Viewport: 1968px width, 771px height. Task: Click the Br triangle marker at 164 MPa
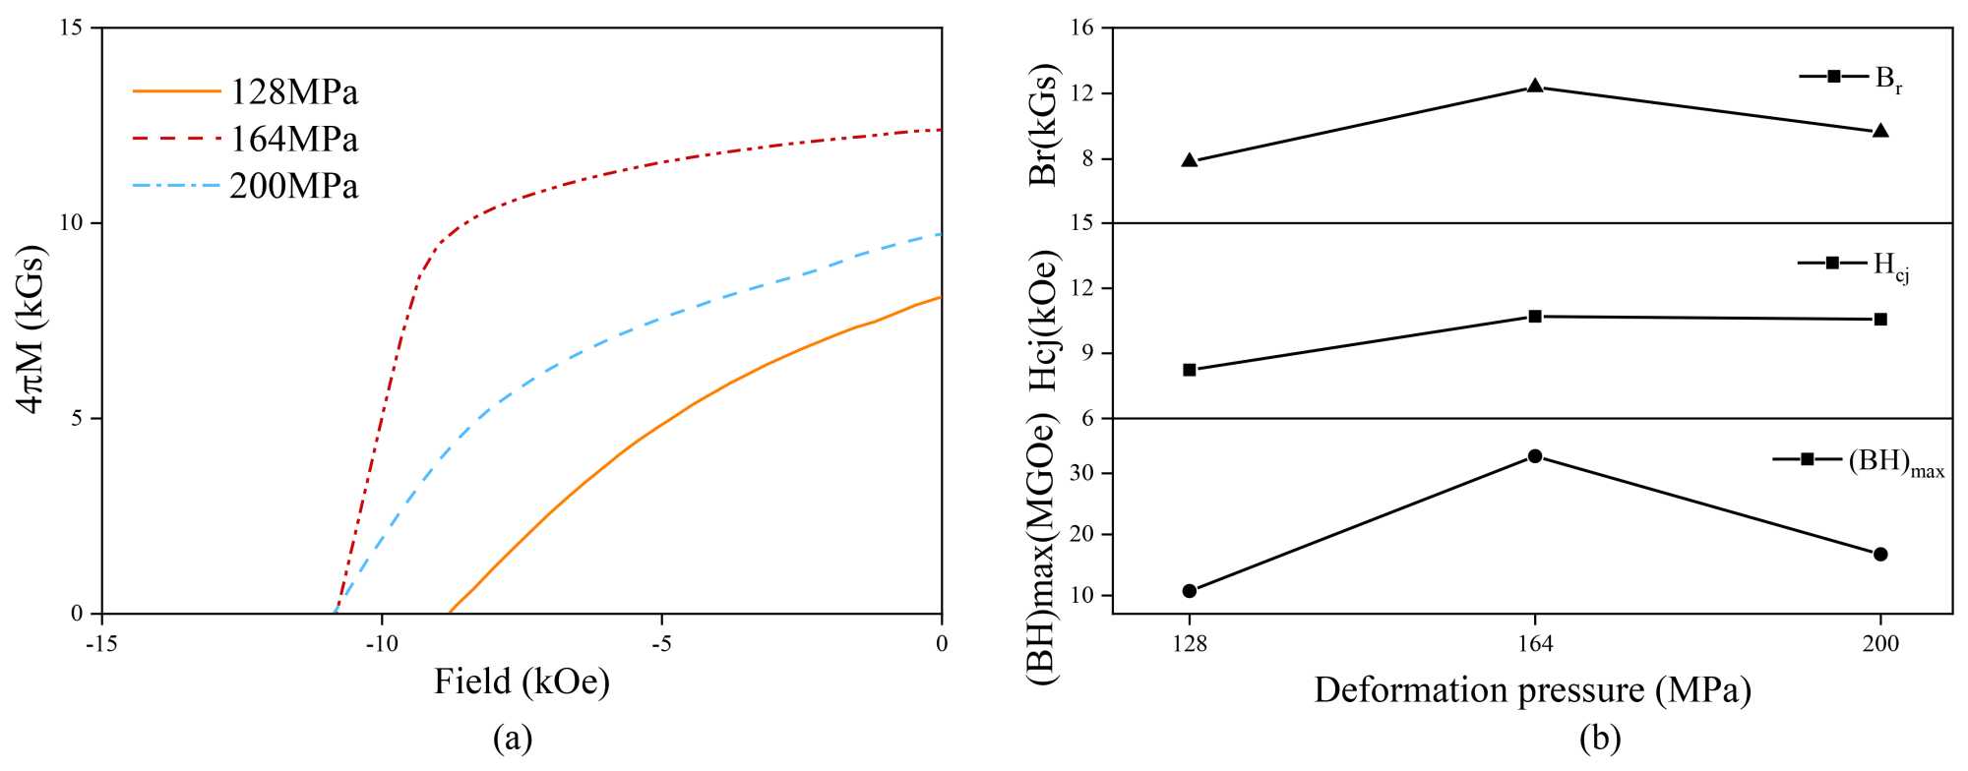tap(1535, 86)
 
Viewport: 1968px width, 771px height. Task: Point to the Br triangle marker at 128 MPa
tap(1190, 160)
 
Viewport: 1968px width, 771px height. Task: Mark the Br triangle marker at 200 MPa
tap(1880, 131)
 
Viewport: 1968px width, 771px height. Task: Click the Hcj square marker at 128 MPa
tap(1190, 370)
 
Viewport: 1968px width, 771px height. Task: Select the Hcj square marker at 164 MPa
tap(1535, 317)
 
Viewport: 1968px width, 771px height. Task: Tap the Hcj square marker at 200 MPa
tap(1880, 320)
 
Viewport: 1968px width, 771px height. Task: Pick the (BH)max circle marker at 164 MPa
tap(1535, 456)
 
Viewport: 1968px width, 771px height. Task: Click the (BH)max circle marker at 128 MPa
tap(1190, 591)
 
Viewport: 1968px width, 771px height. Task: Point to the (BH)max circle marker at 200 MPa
tap(1880, 555)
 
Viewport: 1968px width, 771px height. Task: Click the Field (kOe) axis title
tap(522, 682)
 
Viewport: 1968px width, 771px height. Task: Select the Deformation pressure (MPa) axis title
tap(1532, 690)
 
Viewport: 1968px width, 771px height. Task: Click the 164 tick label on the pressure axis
tap(1535, 645)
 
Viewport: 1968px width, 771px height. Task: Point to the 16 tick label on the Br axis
tap(1082, 28)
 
